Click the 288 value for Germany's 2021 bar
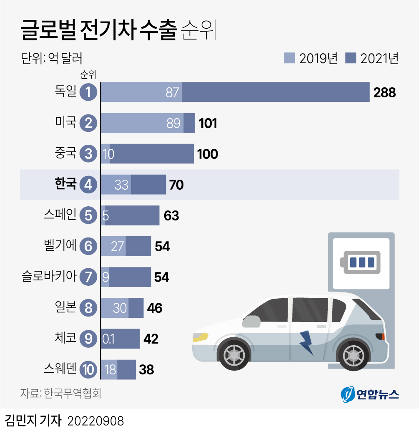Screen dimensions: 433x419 click(x=384, y=92)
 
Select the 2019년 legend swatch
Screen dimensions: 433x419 click(x=289, y=58)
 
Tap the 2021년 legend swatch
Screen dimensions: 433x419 click(x=351, y=58)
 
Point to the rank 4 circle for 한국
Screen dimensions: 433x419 click(x=88, y=185)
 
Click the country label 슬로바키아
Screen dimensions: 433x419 click(x=49, y=276)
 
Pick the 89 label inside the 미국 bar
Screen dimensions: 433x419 click(x=173, y=123)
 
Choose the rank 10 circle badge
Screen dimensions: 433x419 click(x=88, y=369)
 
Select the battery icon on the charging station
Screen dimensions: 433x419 click(x=361, y=262)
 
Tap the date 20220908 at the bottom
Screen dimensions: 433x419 click(x=95, y=421)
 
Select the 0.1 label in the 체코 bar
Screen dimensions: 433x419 click(x=109, y=339)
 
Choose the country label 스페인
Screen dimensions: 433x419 click(x=60, y=215)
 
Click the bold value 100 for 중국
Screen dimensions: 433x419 click(x=208, y=154)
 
